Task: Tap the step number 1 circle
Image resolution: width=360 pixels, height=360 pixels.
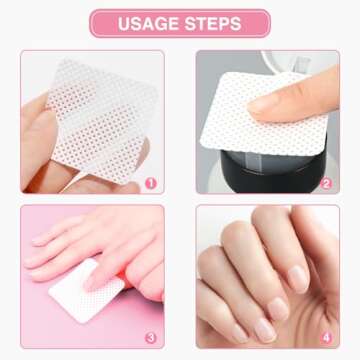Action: pos(150,182)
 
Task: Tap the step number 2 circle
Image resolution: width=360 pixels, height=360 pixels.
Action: pos(325,182)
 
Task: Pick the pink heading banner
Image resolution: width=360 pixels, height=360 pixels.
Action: pos(180,23)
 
